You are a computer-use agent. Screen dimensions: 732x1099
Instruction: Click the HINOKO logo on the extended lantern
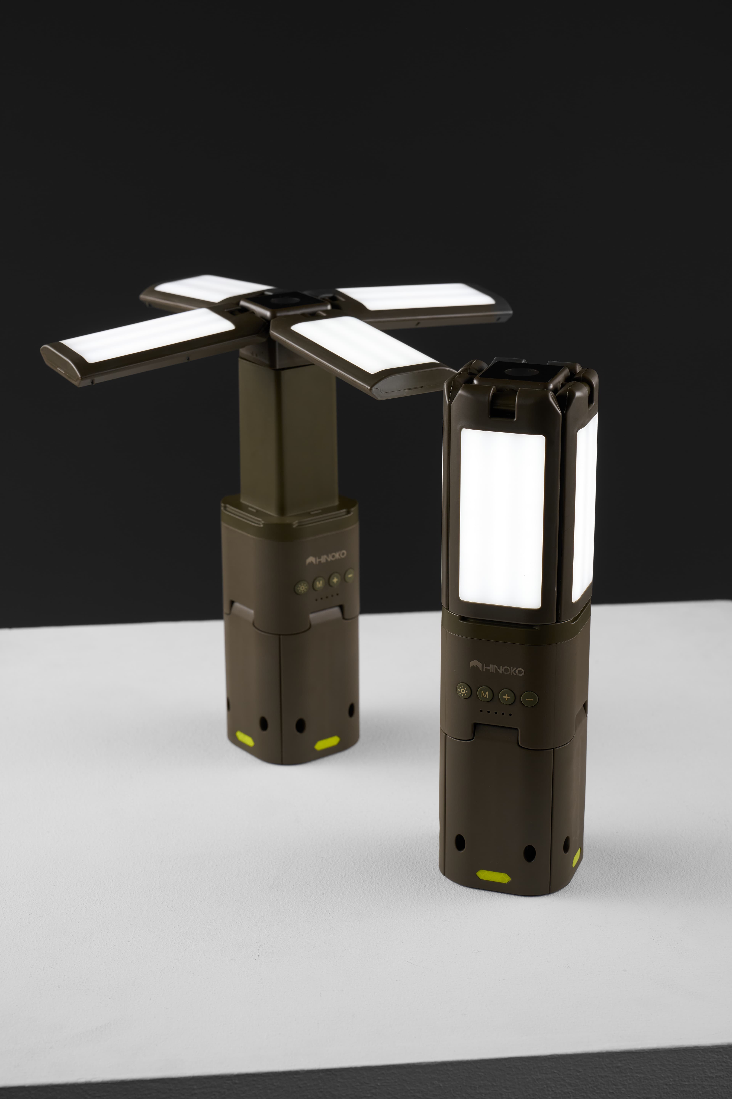click(x=326, y=558)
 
